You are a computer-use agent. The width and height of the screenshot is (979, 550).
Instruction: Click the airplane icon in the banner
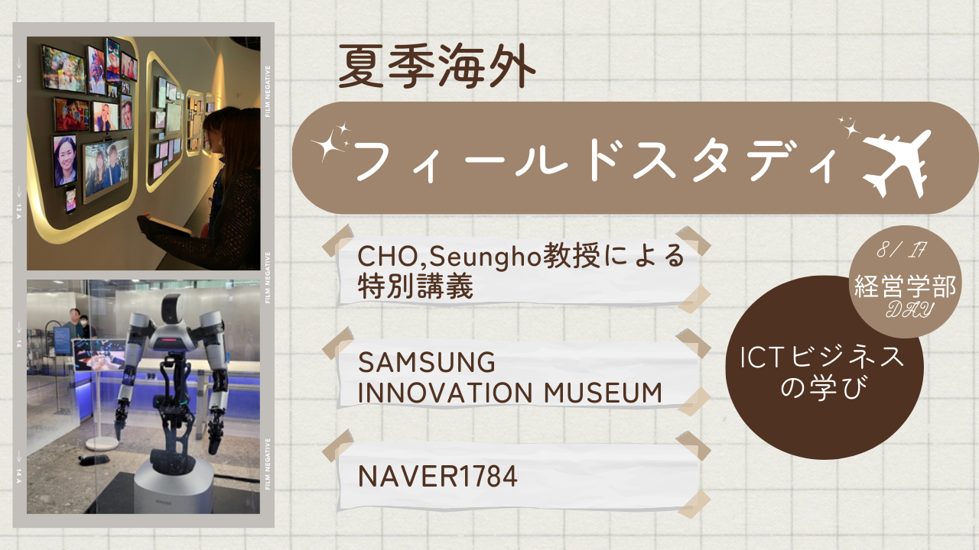tap(896, 164)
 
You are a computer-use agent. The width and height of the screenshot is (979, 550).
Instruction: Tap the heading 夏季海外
tap(437, 66)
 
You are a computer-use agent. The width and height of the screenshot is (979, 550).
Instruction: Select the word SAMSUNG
tap(427, 362)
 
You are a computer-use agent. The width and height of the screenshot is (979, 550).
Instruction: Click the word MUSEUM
tap(603, 393)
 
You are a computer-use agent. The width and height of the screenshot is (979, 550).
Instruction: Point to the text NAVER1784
tap(437, 476)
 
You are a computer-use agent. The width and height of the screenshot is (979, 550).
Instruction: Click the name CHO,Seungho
tap(450, 257)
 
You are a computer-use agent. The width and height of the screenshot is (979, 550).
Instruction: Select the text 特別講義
tap(415, 286)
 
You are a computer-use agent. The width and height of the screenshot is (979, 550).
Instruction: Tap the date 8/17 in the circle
tap(901, 250)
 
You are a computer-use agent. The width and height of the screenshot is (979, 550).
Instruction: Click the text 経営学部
tap(905, 286)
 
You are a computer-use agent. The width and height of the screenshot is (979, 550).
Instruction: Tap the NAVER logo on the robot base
tap(163, 503)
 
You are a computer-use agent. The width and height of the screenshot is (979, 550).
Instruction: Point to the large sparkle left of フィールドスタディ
tap(327, 145)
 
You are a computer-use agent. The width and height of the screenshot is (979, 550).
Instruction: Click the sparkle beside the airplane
tap(849, 127)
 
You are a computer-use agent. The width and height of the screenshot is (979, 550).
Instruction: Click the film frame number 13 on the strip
tap(19, 79)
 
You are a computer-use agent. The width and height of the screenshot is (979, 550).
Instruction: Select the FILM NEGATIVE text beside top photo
tap(268, 92)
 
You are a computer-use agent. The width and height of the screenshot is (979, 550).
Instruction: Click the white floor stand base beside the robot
tap(102, 445)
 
